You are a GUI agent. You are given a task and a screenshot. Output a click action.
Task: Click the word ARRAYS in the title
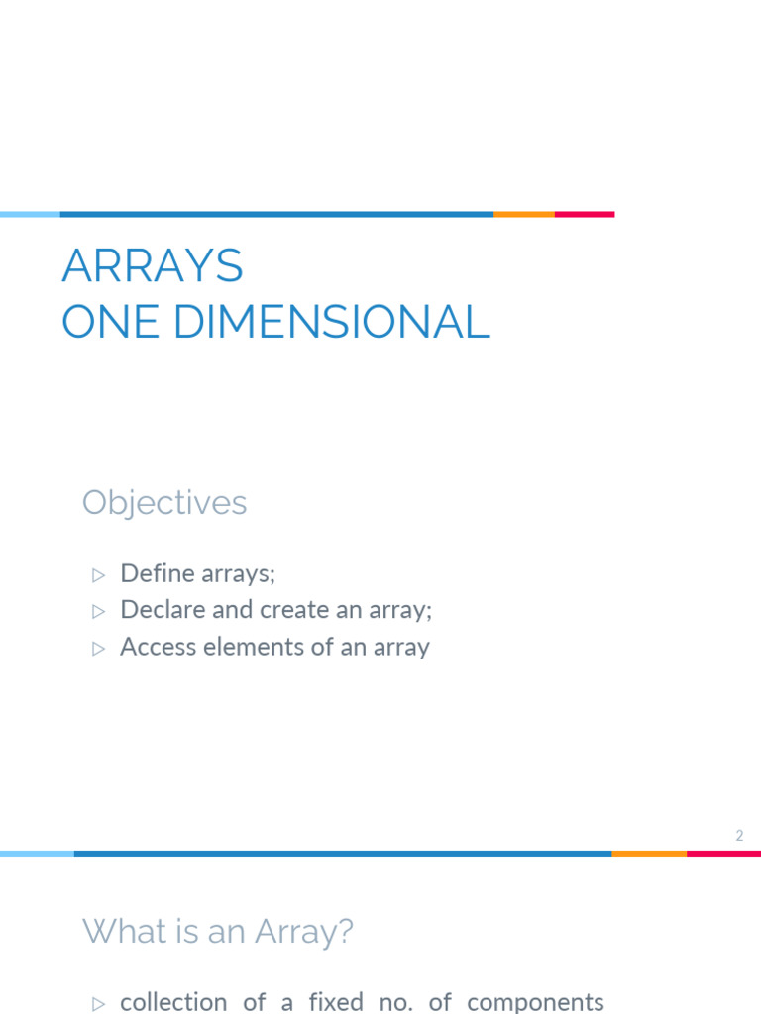click(x=152, y=266)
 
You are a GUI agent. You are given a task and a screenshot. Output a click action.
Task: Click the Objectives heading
click(x=164, y=503)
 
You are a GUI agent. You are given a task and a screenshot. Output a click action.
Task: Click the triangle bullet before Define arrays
click(x=98, y=574)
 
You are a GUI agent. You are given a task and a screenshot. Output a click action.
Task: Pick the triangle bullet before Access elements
click(x=98, y=649)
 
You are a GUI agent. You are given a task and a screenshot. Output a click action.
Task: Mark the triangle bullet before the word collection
click(x=98, y=1004)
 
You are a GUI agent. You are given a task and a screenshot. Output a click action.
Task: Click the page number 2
click(x=739, y=836)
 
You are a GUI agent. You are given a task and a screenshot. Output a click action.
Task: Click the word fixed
click(x=336, y=1002)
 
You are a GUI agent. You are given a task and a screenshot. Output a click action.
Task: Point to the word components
click(x=535, y=1002)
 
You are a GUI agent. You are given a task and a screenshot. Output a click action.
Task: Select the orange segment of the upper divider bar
click(x=523, y=214)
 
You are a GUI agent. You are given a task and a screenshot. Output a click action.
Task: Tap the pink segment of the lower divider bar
click(x=723, y=853)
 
